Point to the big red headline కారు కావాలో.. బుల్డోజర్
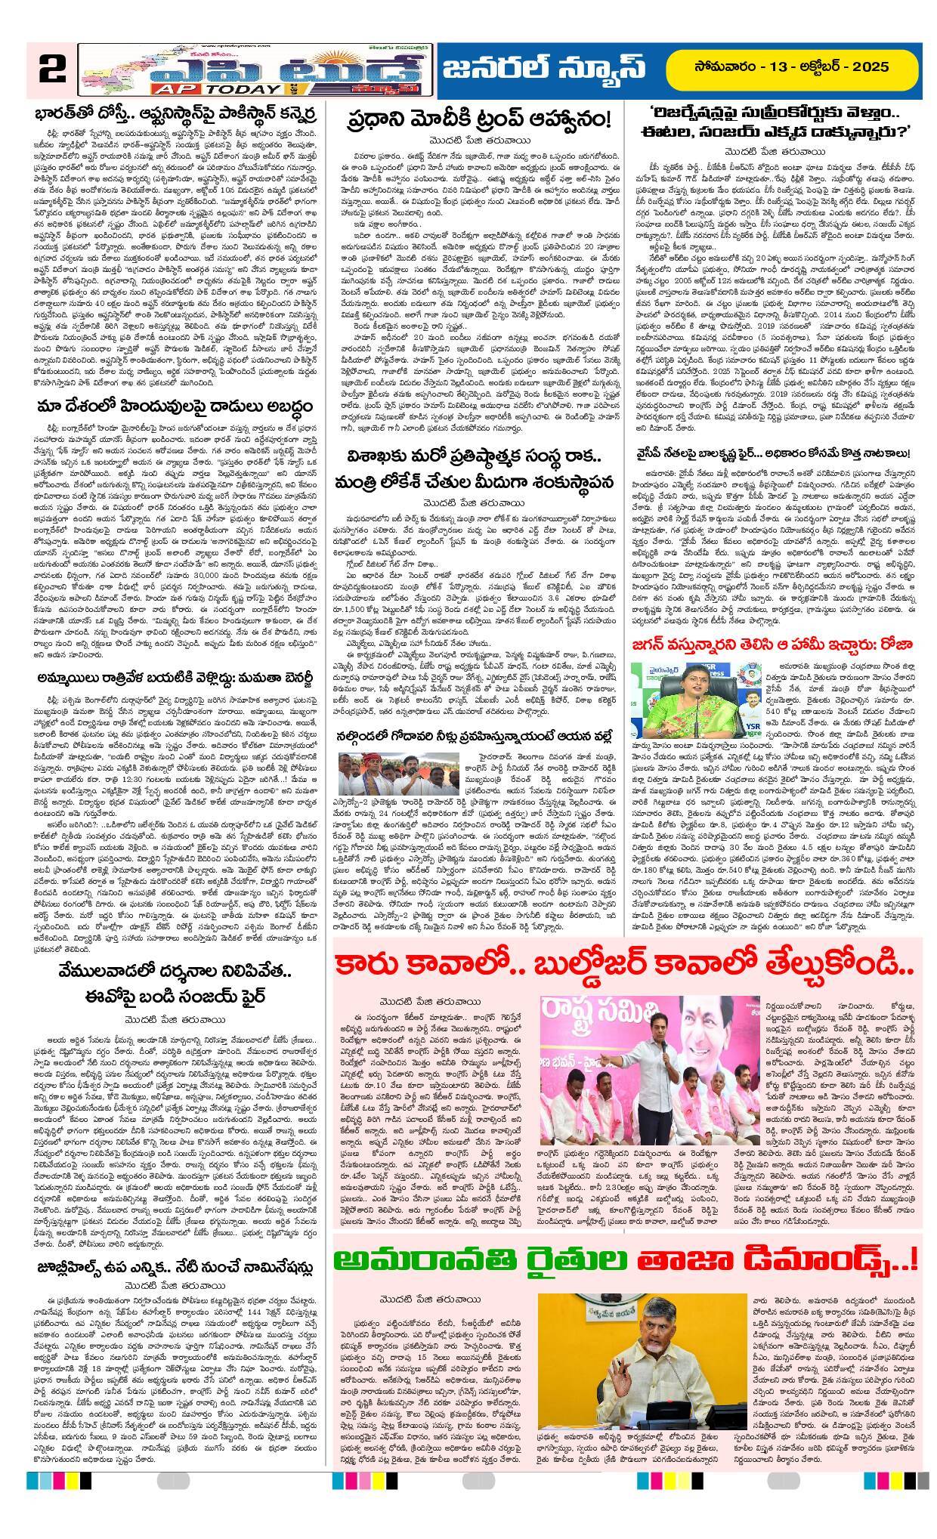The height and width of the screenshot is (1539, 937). pos(627,967)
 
